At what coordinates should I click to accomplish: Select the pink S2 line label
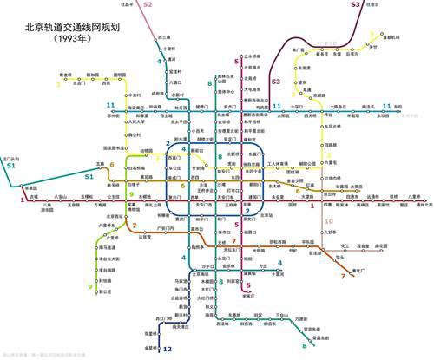[x=148, y=5]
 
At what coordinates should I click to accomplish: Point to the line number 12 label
[x=167, y=349]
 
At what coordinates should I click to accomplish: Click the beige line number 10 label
[x=329, y=221]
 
